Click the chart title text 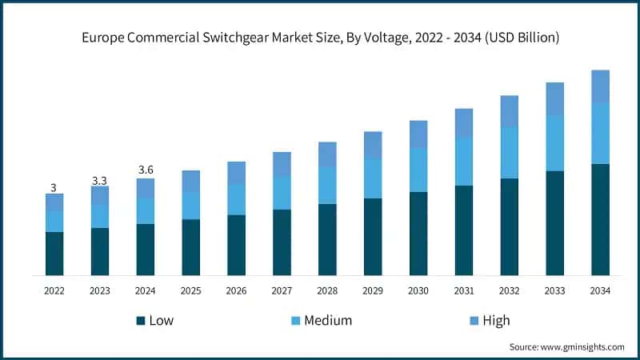[x=320, y=38]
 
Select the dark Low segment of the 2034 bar [x=600, y=219]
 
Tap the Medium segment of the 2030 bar [x=418, y=170]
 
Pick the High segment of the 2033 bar [x=554, y=98]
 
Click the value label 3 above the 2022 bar [x=54, y=187]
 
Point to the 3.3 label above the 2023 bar [x=99, y=181]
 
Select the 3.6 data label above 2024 [x=145, y=170]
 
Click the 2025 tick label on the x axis [x=190, y=291]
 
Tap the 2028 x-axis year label [x=327, y=291]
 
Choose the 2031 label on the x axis [x=464, y=291]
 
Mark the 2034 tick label [x=600, y=291]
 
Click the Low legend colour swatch [x=141, y=321]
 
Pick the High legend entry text [x=496, y=321]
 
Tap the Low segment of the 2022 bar [x=54, y=254]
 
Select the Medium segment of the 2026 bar [x=236, y=199]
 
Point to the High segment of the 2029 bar [x=373, y=145]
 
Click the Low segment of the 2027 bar [x=282, y=242]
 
